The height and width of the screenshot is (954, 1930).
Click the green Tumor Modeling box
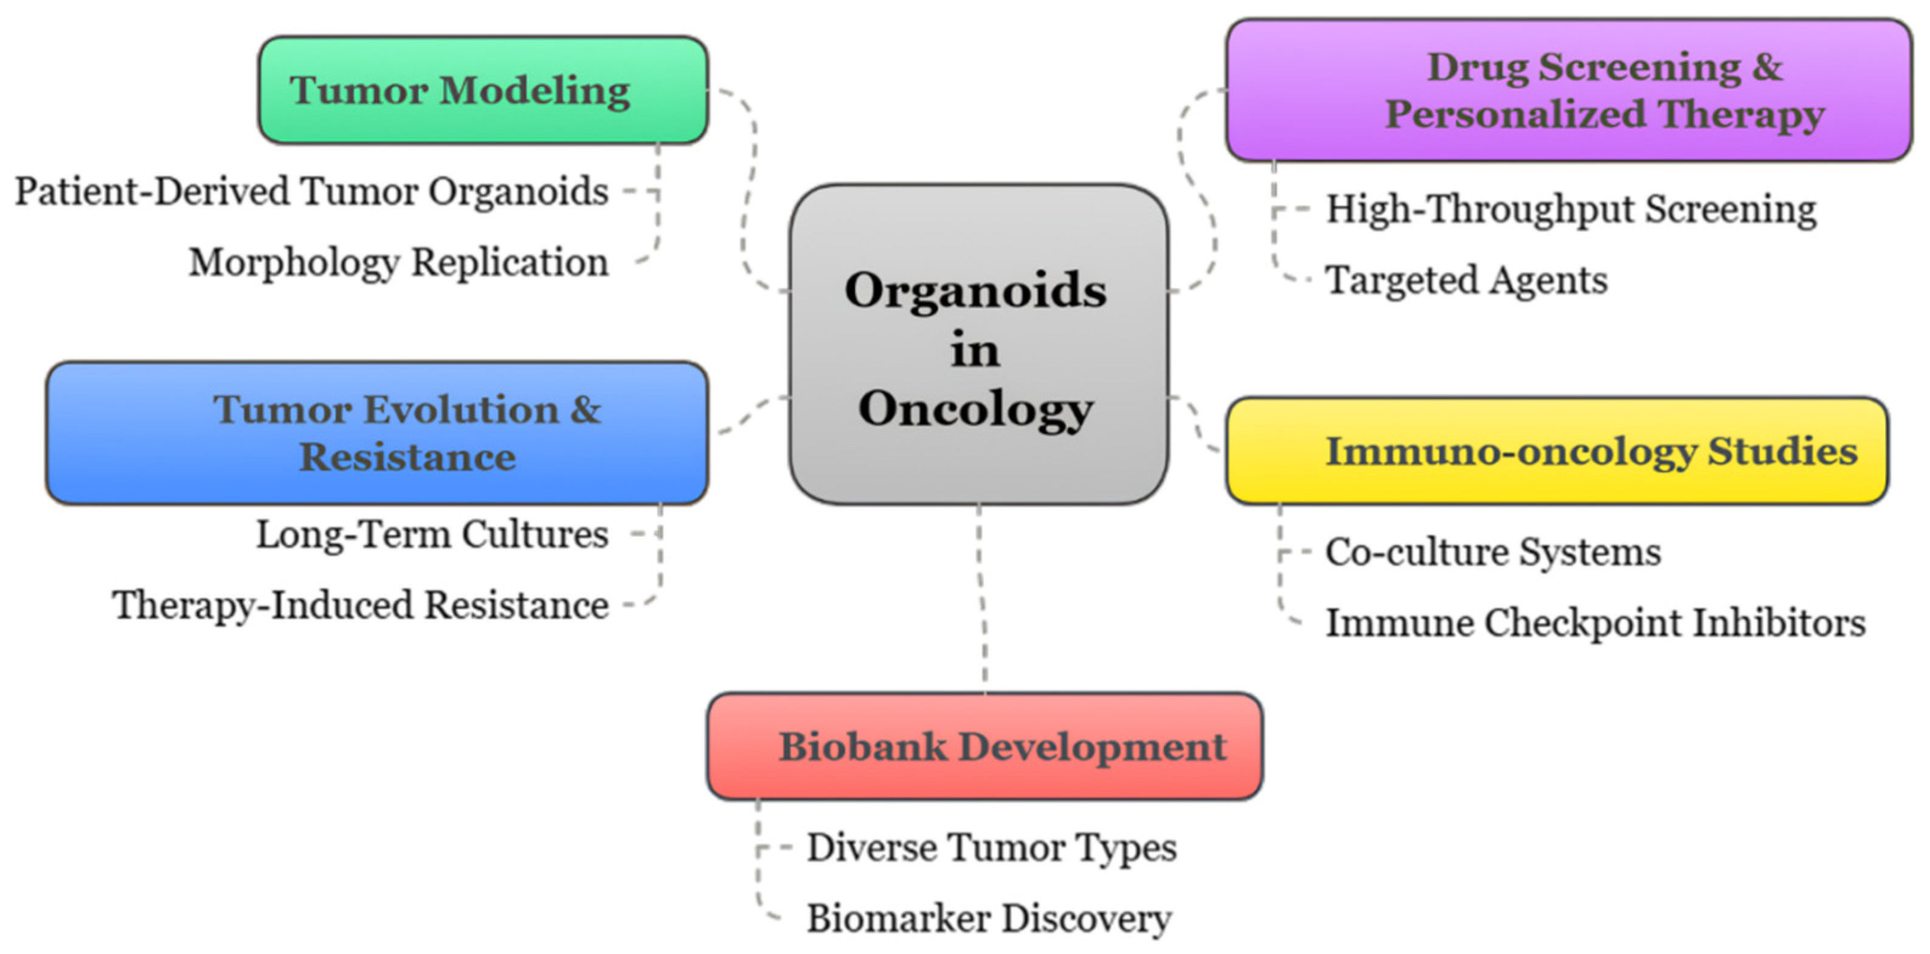coord(483,90)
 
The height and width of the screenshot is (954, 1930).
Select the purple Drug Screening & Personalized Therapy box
coord(1568,90)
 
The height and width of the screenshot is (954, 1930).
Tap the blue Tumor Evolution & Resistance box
coord(377,433)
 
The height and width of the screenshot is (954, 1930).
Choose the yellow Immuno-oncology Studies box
coord(1557,451)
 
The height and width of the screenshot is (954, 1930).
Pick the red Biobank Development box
coord(984,747)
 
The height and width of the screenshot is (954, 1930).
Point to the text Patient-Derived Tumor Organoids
coord(312,191)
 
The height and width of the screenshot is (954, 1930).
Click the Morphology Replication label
coord(399,262)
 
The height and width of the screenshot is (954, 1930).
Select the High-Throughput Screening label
coord(1571,209)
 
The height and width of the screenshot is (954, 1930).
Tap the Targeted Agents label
coord(1466,280)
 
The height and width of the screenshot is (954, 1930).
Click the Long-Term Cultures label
coord(432,534)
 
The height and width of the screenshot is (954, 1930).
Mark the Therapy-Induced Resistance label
coord(361,605)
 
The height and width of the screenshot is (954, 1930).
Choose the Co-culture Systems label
coord(1492,552)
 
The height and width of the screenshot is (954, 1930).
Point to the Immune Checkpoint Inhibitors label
coord(1595,623)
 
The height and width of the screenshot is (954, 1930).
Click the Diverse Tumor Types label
coord(991,848)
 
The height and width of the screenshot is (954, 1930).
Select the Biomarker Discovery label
coord(989,919)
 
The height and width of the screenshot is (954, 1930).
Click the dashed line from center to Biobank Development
coord(982,599)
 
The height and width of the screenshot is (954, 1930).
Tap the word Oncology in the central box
coord(976,409)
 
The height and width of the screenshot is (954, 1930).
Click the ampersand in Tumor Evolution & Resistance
coord(585,410)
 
